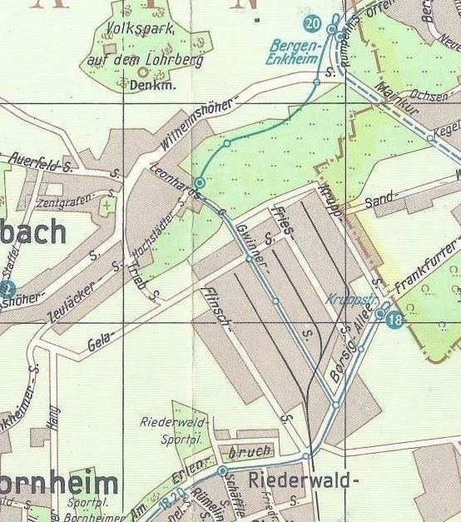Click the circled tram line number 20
pyautogui.click(x=313, y=22)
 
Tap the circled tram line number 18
pyautogui.click(x=394, y=320)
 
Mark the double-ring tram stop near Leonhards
pyautogui.click(x=200, y=181)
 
